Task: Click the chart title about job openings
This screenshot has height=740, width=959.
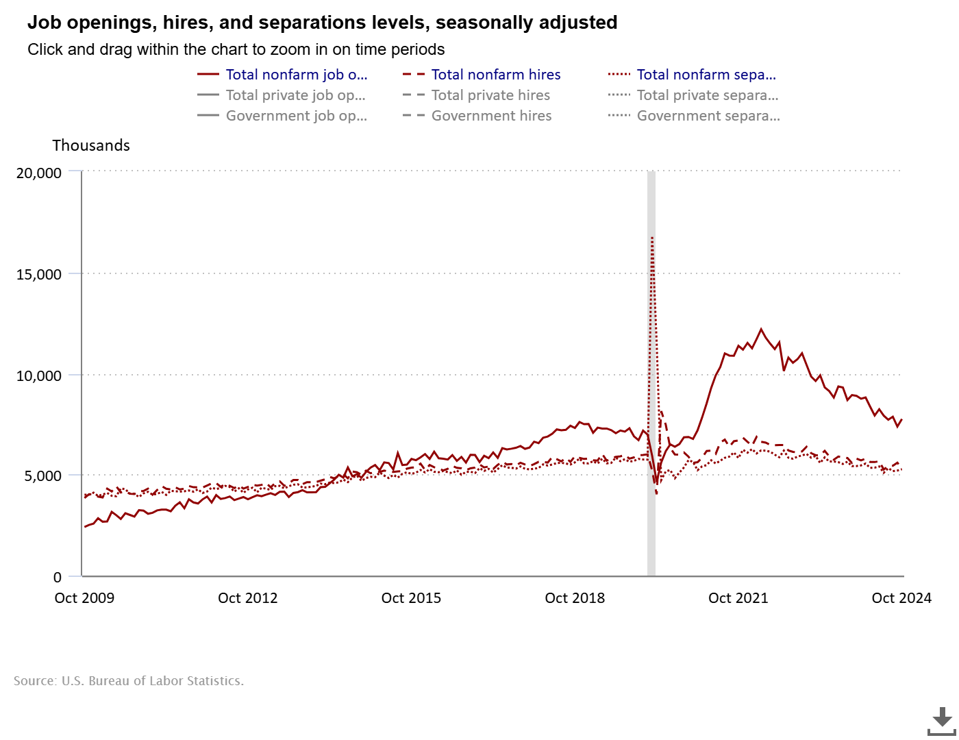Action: coord(322,23)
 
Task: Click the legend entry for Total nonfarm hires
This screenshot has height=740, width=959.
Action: coord(495,75)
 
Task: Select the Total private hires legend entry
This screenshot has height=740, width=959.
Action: coord(490,95)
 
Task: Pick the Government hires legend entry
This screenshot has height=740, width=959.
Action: coord(491,116)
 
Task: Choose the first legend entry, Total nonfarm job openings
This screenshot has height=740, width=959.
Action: coord(296,75)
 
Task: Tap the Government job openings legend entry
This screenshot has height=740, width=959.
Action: coord(296,116)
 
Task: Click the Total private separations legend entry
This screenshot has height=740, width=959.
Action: coord(707,95)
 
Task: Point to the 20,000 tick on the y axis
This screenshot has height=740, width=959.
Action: coord(39,173)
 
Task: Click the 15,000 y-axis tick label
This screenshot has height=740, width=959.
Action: coord(39,274)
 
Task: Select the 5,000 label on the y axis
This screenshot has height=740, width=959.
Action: coord(42,476)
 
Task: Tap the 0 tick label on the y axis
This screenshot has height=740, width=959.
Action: coord(58,577)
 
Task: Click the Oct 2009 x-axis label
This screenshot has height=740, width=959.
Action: coord(84,598)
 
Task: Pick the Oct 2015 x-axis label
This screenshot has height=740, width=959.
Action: coord(411,598)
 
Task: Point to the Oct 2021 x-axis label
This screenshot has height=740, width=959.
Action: coord(738,598)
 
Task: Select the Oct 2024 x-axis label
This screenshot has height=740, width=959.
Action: coord(901,598)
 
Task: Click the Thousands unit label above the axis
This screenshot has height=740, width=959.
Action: coord(91,145)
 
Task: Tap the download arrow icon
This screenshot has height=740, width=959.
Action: coord(942,720)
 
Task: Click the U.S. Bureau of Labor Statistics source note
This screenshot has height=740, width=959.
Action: coord(129,680)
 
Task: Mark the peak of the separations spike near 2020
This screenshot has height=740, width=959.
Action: coord(652,237)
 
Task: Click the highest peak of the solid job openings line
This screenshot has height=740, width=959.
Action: coord(761,330)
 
